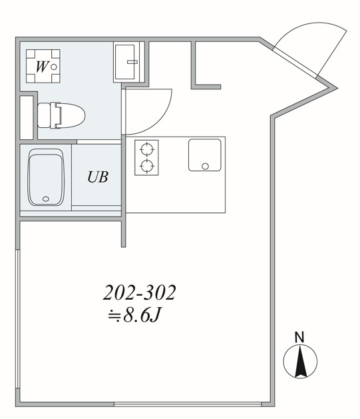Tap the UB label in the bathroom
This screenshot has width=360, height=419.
96,177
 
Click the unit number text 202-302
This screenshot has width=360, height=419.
139,292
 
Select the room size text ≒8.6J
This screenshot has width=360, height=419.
134,315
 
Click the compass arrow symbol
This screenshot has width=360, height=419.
300,364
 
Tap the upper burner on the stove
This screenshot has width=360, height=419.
146,149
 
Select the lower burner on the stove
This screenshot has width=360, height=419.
146,165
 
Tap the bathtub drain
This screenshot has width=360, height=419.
45,199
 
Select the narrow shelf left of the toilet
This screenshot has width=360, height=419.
27,117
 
